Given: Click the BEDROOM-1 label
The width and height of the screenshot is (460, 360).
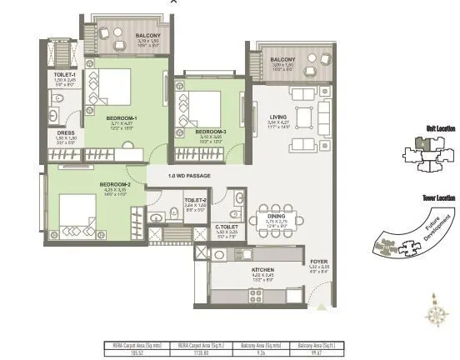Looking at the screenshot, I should pyautogui.click(x=121, y=118).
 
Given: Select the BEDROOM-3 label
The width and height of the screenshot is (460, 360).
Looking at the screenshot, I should pyautogui.click(x=209, y=132).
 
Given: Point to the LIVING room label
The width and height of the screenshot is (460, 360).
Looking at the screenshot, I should pyautogui.click(x=277, y=117).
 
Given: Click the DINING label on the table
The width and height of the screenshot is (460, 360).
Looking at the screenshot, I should pyautogui.click(x=277, y=215).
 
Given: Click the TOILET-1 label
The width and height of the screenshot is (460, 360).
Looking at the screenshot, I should pyautogui.click(x=65, y=75).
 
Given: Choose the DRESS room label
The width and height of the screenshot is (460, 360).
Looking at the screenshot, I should pyautogui.click(x=67, y=132).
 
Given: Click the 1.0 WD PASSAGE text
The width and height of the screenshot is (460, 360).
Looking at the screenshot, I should pyautogui.click(x=189, y=176).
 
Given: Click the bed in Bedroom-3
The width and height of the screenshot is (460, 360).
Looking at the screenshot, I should pyautogui.click(x=202, y=107).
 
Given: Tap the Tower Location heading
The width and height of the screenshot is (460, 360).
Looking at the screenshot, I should pyautogui.click(x=438, y=197).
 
